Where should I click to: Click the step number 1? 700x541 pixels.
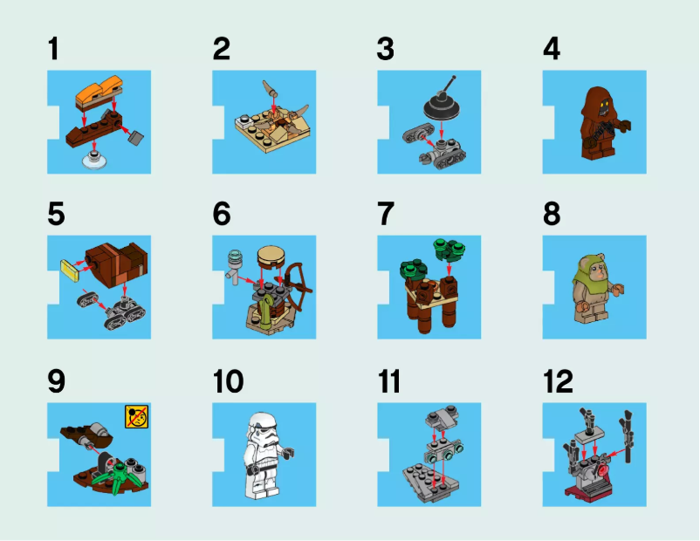click(x=54, y=49)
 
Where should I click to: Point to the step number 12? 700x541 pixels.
click(x=559, y=381)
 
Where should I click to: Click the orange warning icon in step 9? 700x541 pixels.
click(x=136, y=416)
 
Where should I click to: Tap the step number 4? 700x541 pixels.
click(x=552, y=49)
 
